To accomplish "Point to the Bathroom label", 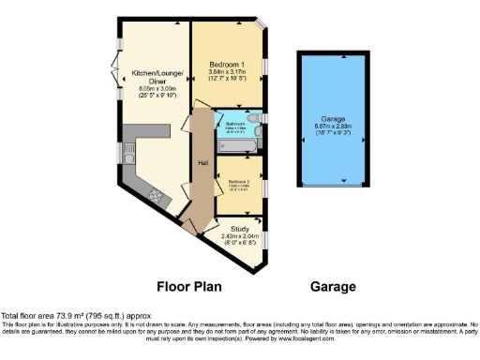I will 234,123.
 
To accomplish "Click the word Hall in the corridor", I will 202,164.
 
